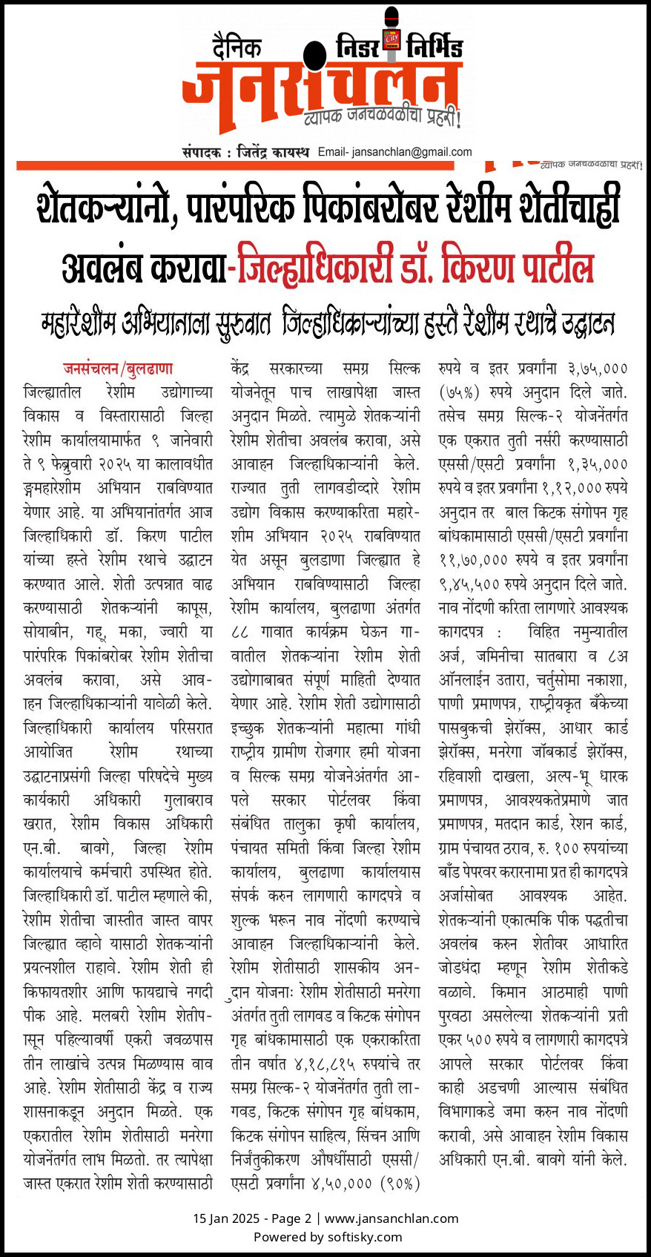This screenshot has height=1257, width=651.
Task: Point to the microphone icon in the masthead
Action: click(391, 33)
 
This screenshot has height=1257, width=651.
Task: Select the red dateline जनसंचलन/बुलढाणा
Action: click(118, 368)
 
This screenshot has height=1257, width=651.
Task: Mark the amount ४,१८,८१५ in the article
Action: click(324, 1064)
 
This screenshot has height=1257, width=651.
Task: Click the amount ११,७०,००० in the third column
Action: click(472, 560)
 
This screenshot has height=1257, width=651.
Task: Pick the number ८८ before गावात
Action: click(240, 632)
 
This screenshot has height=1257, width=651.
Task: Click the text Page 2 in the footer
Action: click(291, 1218)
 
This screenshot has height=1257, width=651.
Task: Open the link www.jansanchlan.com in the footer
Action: click(391, 1218)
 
